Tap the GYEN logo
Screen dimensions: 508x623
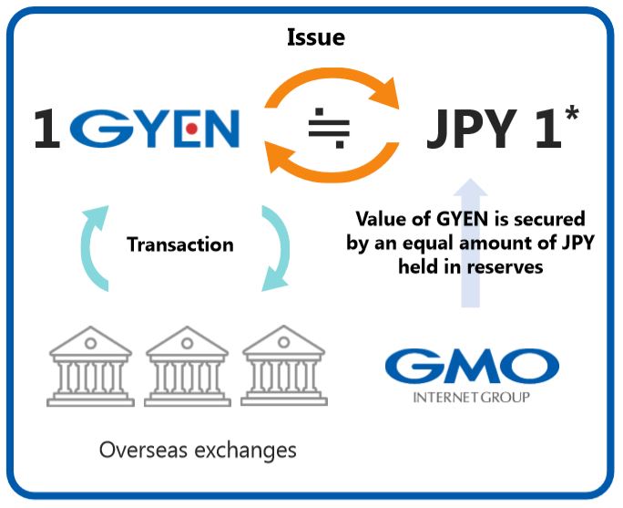tap(155, 130)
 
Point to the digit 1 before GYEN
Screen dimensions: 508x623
tap(46, 130)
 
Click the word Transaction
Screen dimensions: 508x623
tap(179, 244)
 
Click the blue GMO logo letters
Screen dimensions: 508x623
tap(471, 368)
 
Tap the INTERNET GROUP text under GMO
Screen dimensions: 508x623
tap(471, 398)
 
